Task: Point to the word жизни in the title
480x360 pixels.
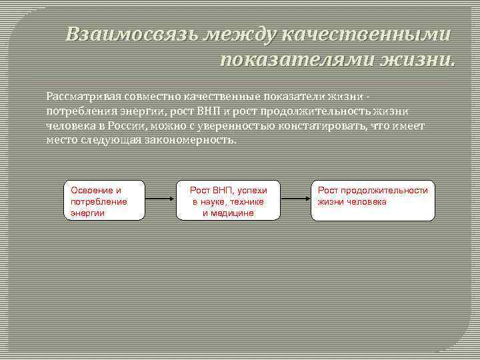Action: [418, 61]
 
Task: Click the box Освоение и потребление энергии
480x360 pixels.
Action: [104, 201]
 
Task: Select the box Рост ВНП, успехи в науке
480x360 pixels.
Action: [228, 201]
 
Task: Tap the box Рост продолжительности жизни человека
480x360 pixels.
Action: [373, 201]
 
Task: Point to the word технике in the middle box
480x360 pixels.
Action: [247, 201]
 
